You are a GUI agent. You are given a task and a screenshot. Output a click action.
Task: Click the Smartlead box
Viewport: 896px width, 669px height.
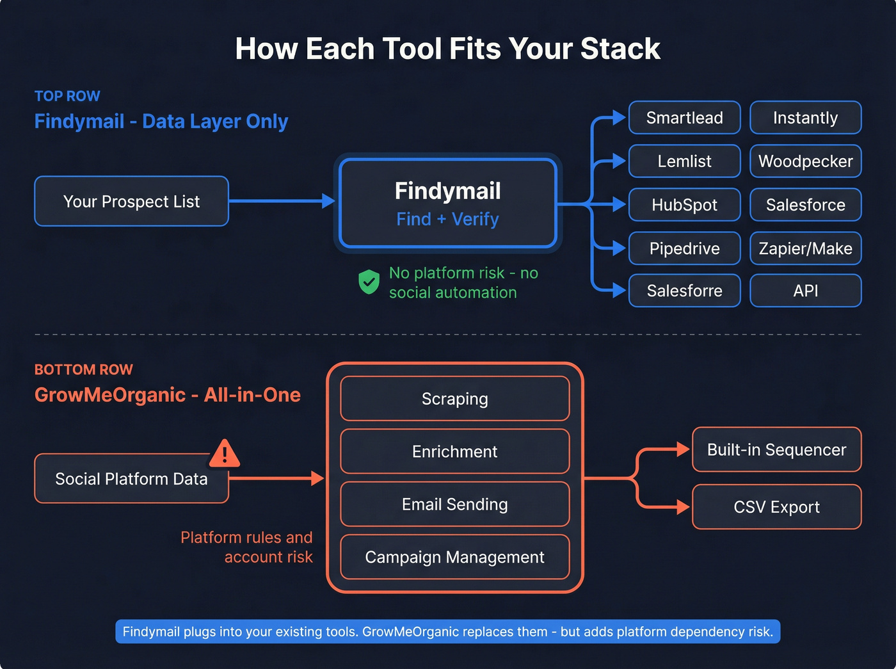684,118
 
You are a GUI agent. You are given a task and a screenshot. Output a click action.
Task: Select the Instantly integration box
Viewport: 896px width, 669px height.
805,118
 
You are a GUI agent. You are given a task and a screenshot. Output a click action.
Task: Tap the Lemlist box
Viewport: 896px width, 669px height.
684,161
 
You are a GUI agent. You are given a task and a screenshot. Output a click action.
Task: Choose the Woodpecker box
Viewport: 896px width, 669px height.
805,161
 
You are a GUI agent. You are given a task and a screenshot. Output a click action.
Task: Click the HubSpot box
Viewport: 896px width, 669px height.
684,205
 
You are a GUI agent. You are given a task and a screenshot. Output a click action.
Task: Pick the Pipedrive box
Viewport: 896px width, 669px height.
684,248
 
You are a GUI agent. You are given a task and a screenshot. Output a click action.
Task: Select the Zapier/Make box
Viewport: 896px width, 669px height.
805,248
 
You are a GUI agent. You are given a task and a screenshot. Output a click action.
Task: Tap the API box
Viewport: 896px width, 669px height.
805,291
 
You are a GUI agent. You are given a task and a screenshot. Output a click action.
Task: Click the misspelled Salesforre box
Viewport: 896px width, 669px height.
684,291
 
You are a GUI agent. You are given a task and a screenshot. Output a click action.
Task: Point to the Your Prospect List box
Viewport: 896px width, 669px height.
131,202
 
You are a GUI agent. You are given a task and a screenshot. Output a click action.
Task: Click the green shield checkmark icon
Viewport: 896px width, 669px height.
369,282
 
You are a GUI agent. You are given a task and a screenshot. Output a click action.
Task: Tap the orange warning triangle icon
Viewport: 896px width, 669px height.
224,454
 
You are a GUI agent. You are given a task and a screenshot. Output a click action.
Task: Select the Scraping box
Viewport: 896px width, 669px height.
454,399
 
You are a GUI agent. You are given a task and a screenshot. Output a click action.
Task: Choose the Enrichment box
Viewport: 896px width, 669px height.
454,451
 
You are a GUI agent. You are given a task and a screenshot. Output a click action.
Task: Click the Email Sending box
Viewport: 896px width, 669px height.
454,504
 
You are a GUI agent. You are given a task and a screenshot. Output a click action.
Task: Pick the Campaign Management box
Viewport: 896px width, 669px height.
454,557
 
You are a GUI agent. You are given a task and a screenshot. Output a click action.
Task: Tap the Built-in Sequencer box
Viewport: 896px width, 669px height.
776,449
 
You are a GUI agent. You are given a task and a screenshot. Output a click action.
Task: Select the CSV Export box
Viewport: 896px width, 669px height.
776,507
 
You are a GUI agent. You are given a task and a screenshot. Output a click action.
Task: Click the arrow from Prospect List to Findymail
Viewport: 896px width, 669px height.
282,201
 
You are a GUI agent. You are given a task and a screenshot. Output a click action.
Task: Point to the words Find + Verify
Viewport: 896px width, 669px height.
447,219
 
